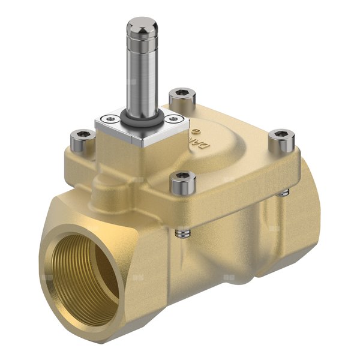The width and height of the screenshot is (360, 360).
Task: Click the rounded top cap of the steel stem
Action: [142, 26]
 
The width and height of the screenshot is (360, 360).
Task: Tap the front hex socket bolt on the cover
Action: [183, 182]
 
